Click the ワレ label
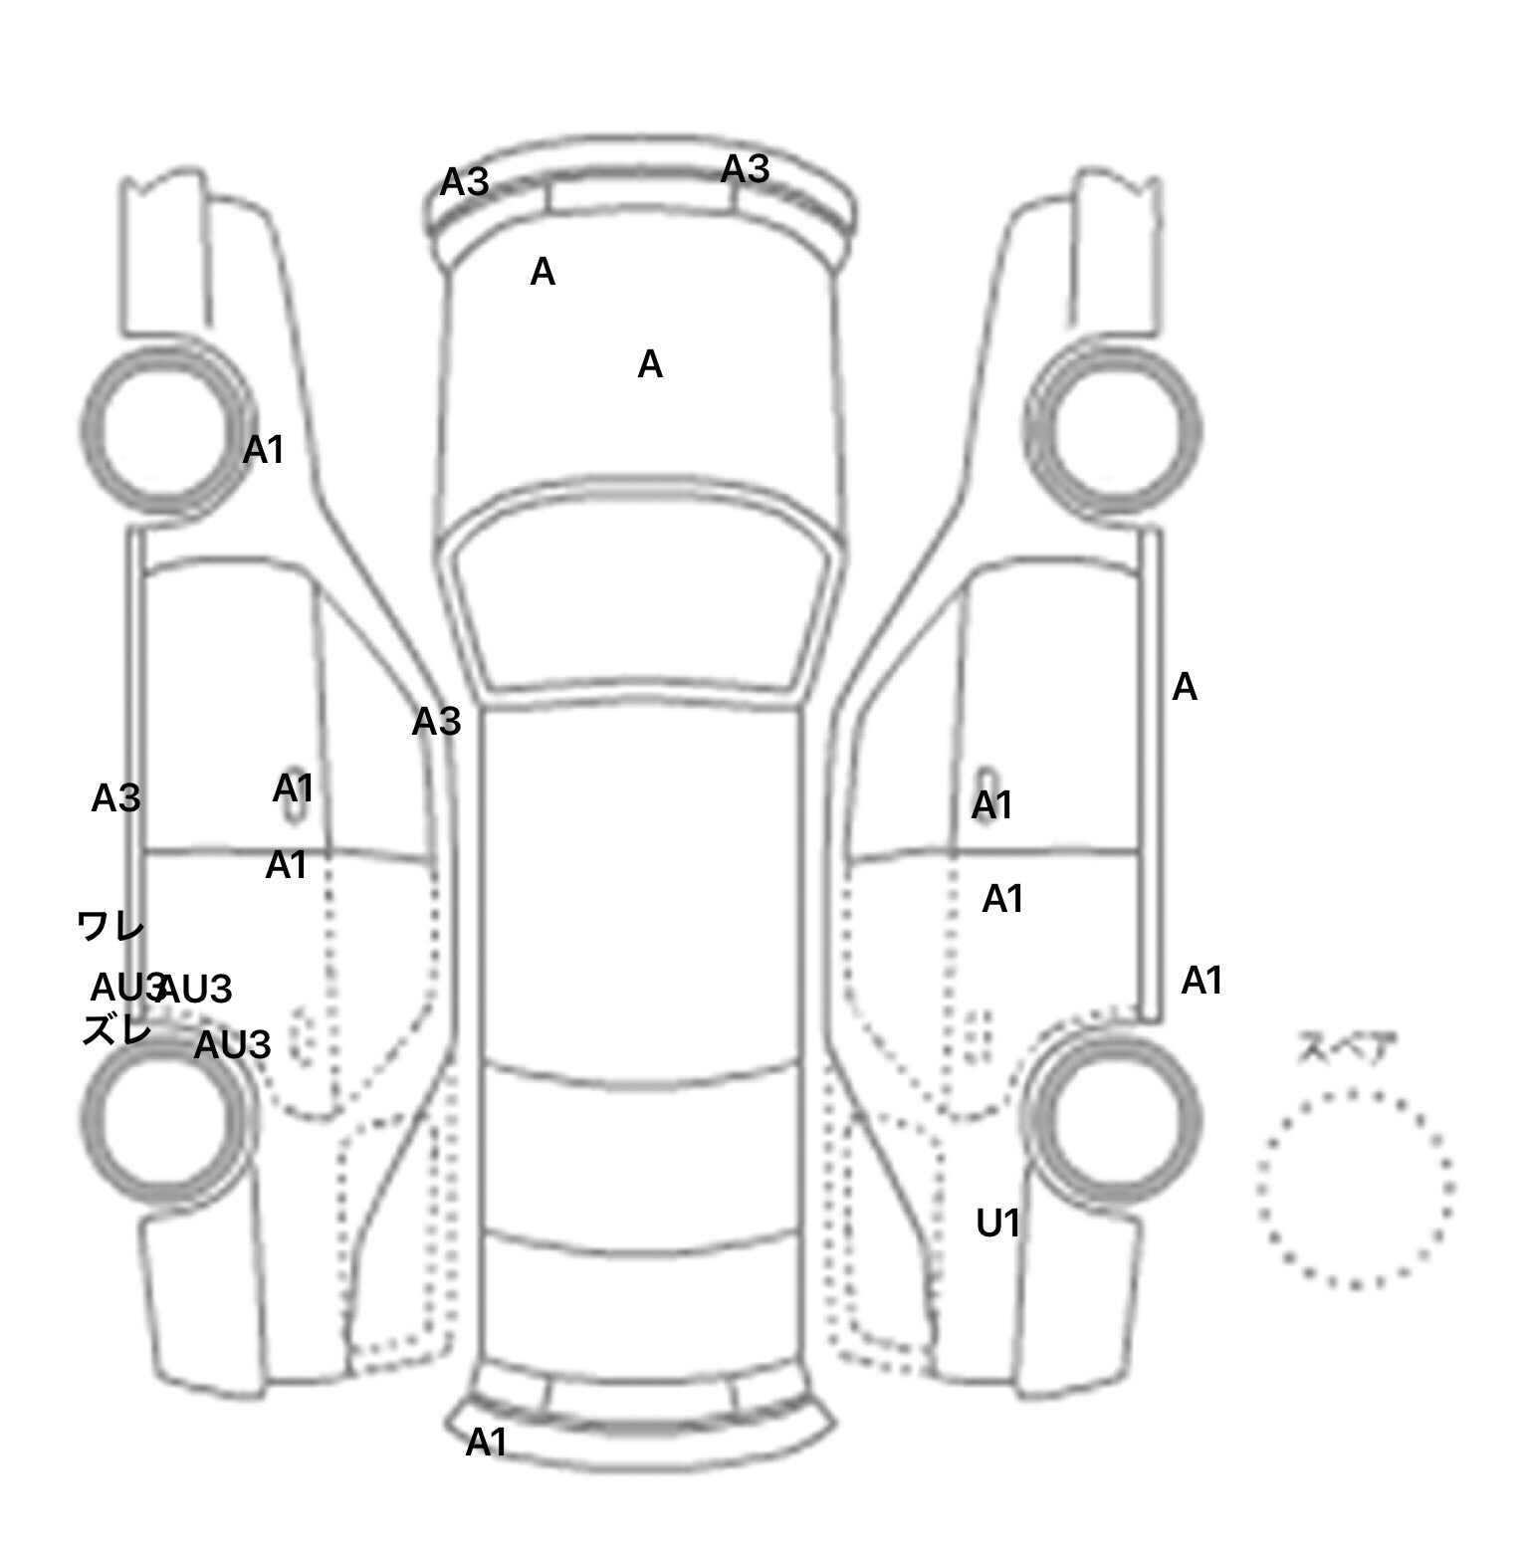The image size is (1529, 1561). pos(110,928)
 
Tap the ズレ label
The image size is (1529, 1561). pos(116,1029)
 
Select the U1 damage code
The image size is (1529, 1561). pos(997,1223)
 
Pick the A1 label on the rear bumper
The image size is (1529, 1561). pos(487,1442)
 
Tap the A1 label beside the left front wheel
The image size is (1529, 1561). pos(264,450)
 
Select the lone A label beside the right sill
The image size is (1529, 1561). pos(1185,687)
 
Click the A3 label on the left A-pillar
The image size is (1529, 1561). pos(436,722)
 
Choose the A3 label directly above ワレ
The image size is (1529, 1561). pos(115,798)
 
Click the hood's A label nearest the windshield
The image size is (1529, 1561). pos(650,365)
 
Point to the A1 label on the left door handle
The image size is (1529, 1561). pos(293,788)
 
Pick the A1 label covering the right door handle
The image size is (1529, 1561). pos(991,804)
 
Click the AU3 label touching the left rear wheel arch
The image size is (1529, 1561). pos(232,1045)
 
